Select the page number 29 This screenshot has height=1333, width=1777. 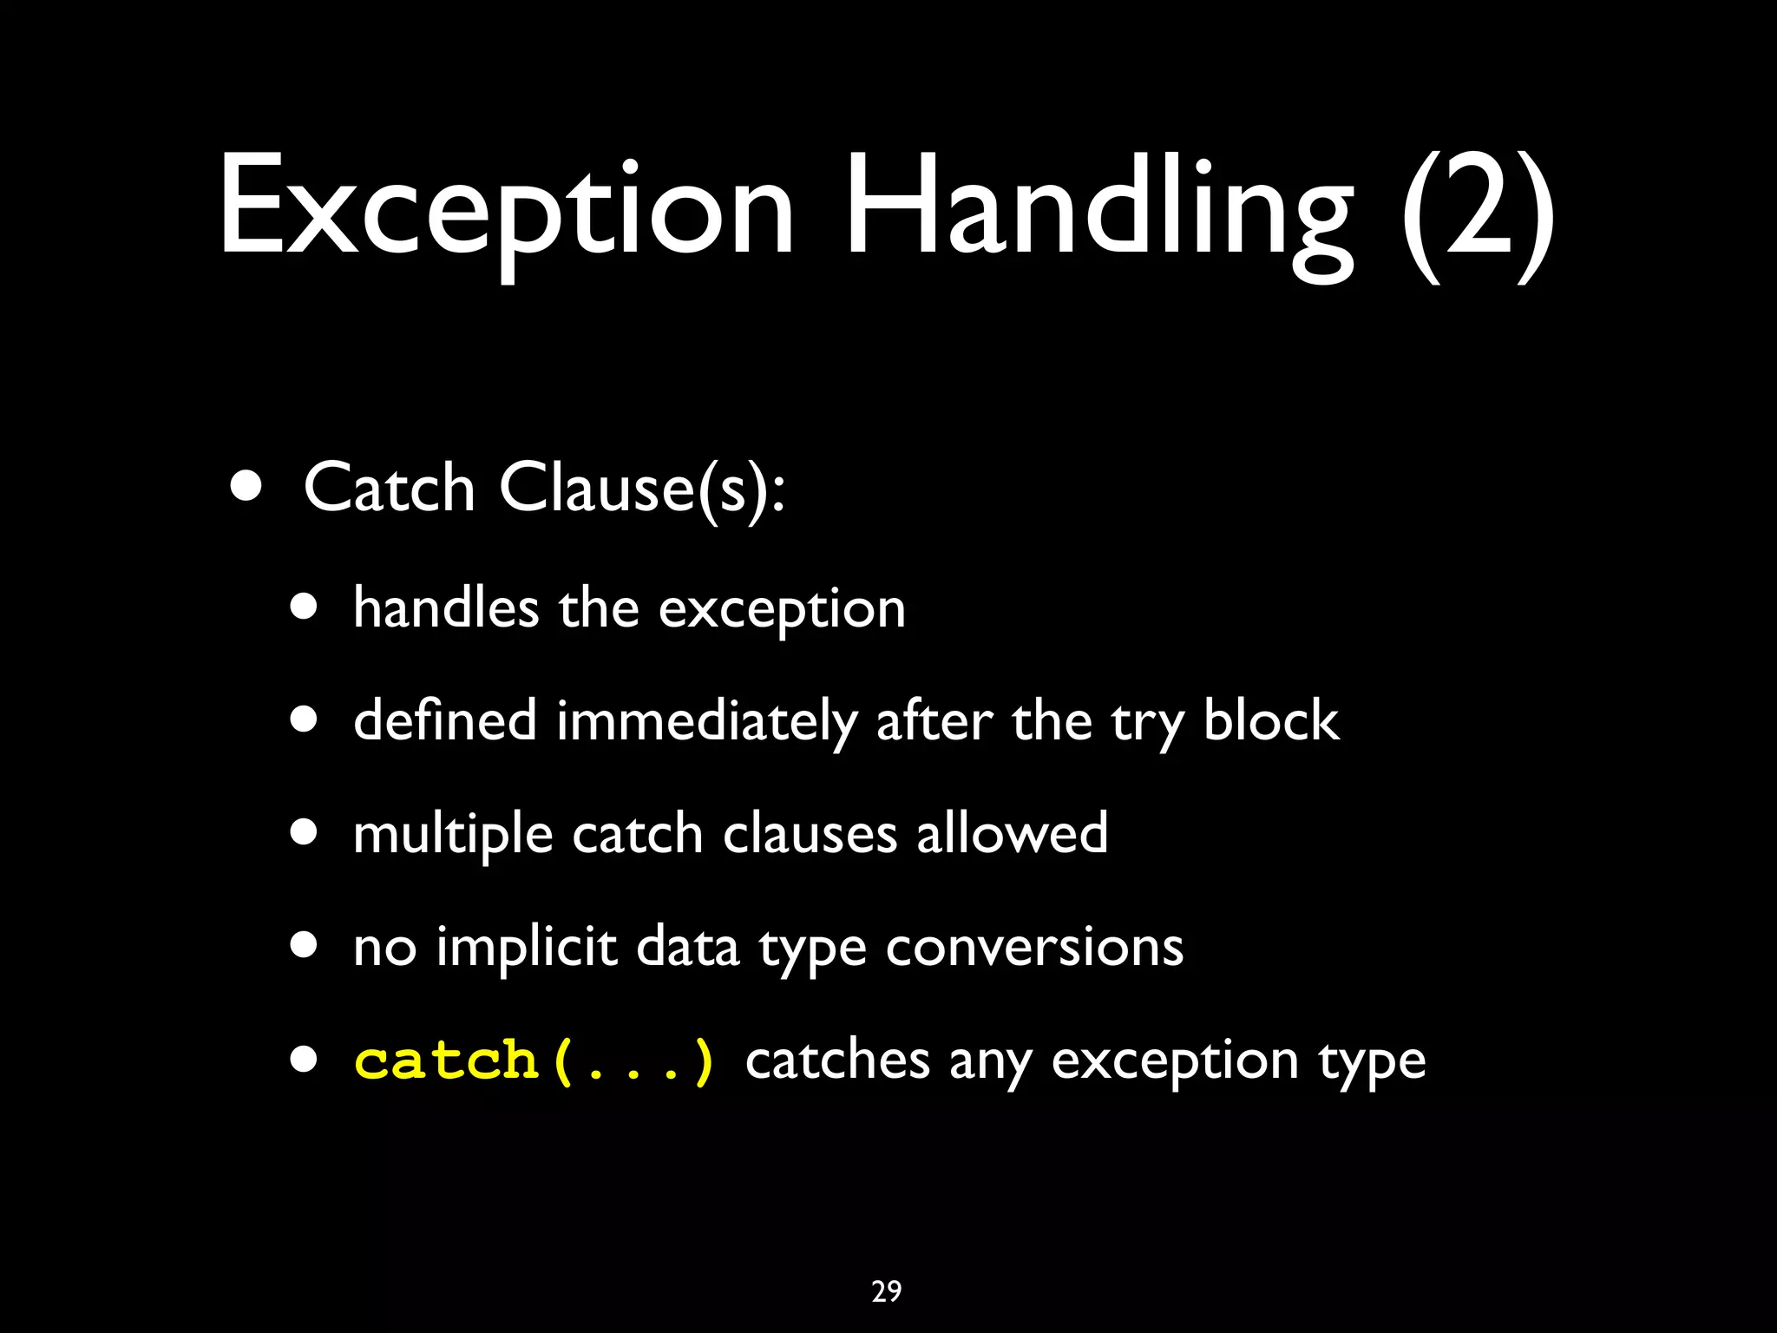[887, 1291]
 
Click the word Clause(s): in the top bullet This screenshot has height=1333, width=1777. [642, 489]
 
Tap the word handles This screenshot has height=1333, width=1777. [445, 607]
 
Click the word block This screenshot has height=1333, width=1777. [1270, 720]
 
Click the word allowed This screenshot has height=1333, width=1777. [1012, 833]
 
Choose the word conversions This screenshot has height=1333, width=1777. [1034, 947]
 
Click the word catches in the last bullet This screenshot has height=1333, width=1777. [837, 1060]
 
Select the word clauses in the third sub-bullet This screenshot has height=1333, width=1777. [810, 834]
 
